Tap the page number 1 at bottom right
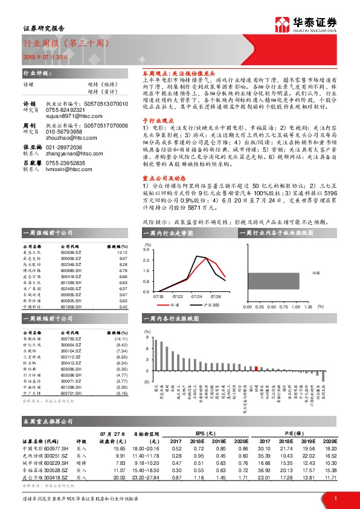[335, 498]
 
